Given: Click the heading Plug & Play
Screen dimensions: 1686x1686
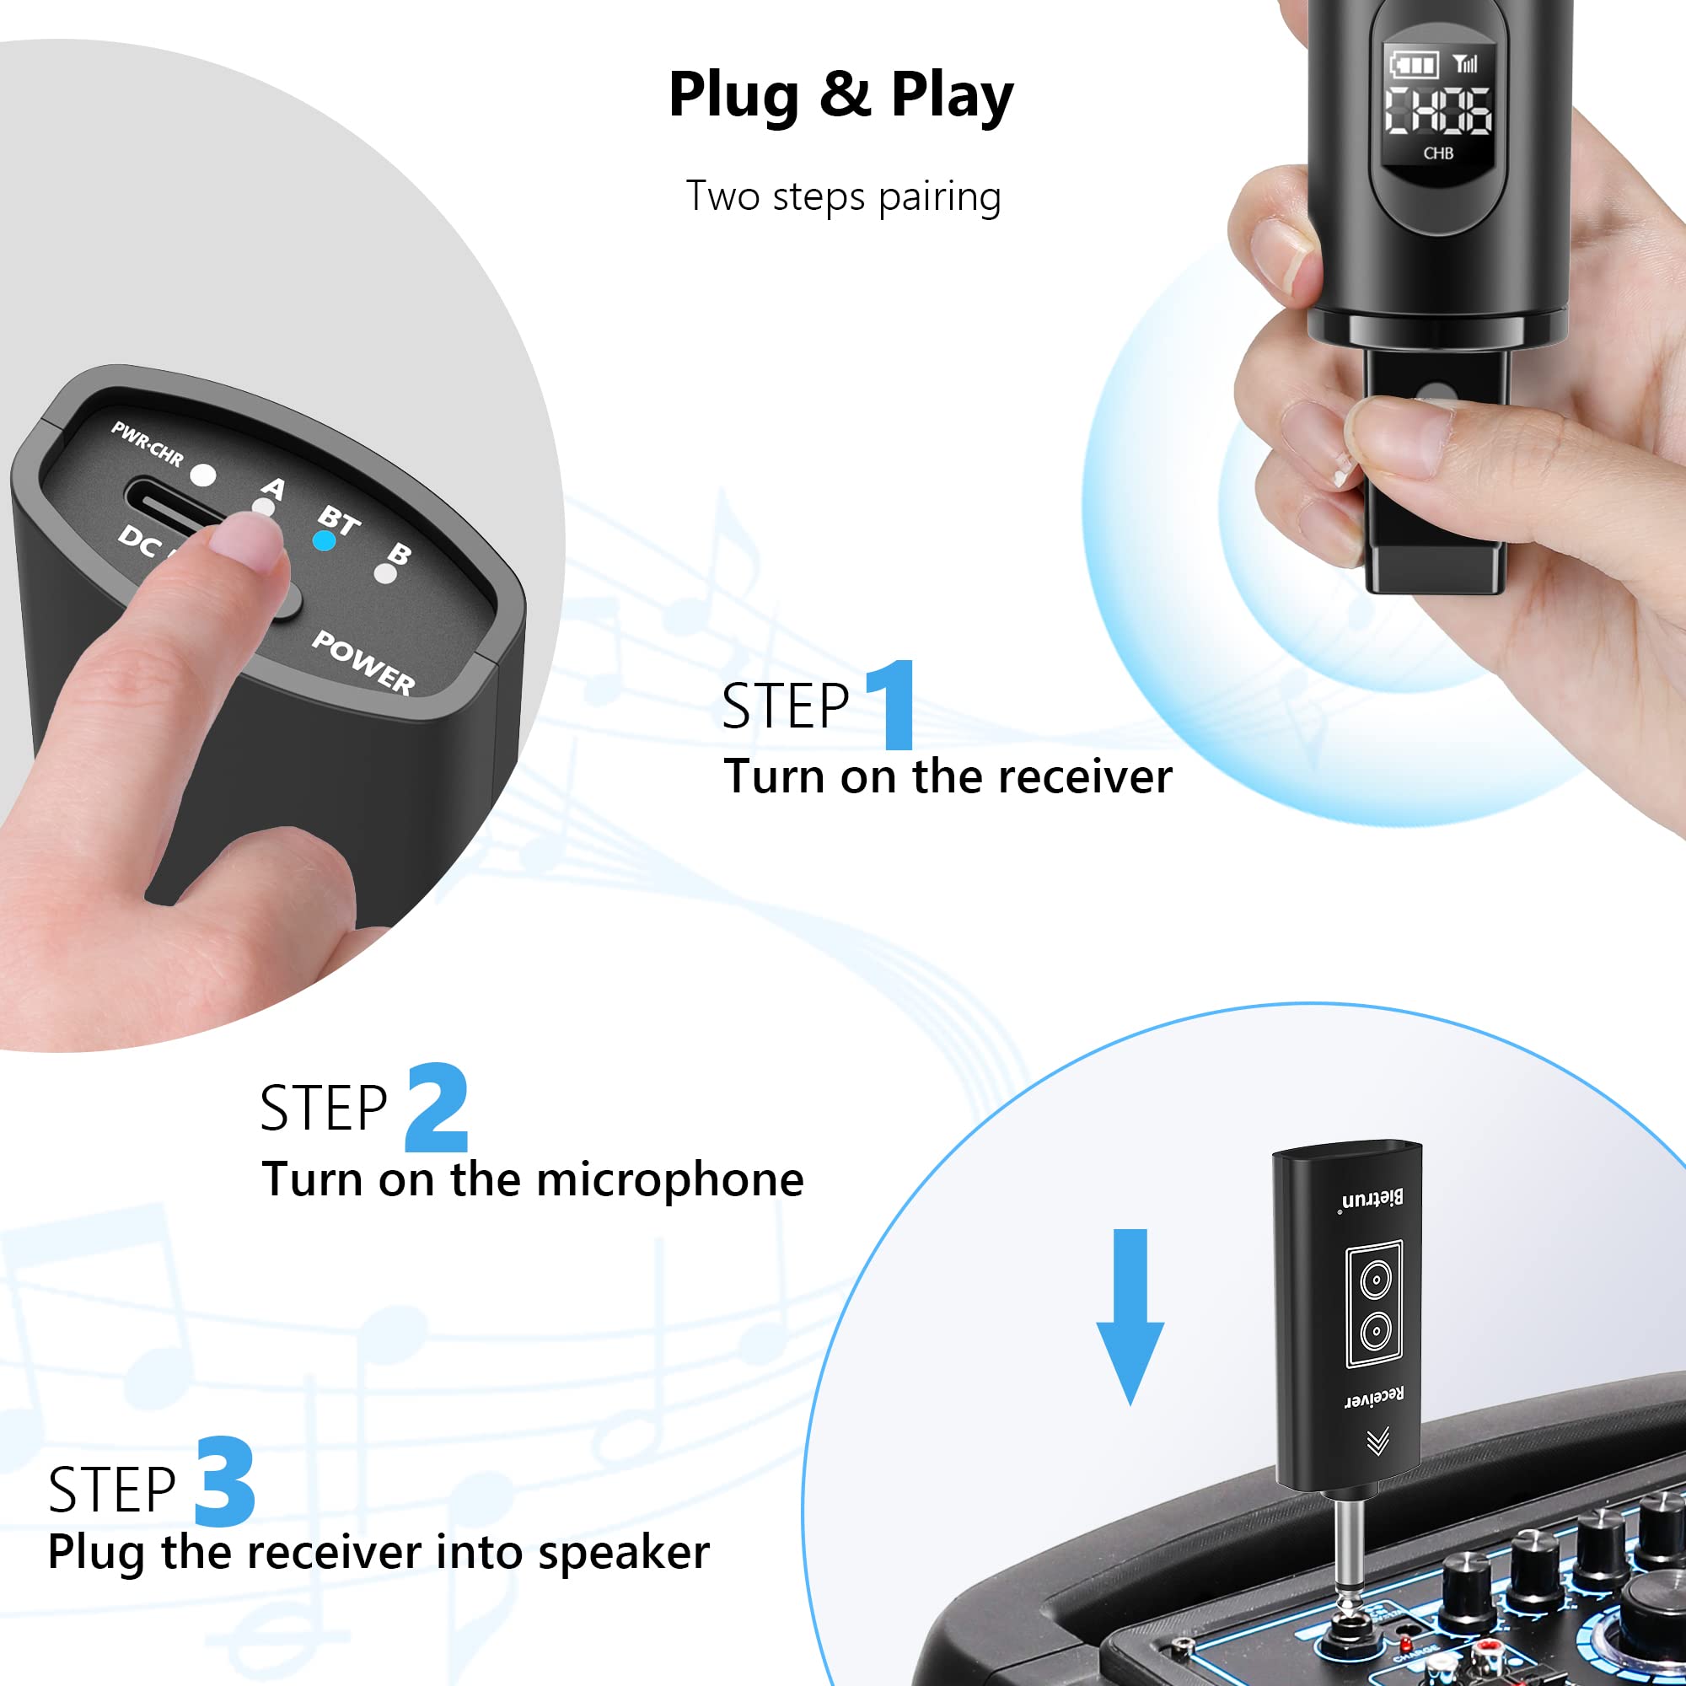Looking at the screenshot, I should (840, 94).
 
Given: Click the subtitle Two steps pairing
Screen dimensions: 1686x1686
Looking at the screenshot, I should (842, 196).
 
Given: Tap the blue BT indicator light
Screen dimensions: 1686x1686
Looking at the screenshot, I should (324, 541).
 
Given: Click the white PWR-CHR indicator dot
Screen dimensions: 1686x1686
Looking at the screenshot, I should (203, 475).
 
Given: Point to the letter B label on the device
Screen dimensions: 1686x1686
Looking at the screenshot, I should (399, 553).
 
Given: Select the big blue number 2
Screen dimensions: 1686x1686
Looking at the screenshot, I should (437, 1109).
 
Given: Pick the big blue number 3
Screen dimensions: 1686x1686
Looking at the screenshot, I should (225, 1483).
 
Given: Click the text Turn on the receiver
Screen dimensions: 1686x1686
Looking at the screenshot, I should (948, 776).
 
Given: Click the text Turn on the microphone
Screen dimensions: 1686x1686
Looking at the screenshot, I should (532, 1180).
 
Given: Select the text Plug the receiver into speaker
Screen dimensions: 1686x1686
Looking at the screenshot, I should (379, 1553).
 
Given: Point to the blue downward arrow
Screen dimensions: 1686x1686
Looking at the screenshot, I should (1130, 1318).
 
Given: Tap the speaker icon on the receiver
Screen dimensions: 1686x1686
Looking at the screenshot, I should (1374, 1305).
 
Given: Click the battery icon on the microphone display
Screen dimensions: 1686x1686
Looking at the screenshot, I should (1413, 65).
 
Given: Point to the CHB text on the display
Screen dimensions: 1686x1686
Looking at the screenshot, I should (1438, 153).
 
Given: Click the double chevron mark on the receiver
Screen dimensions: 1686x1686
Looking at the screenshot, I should (1378, 1442).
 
